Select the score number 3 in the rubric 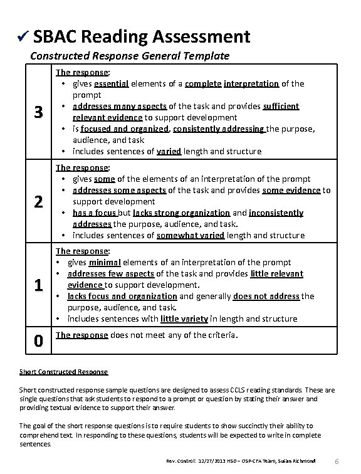click(38, 113)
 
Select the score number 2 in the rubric click(38, 202)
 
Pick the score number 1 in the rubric click(38, 285)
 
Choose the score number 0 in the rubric click(38, 341)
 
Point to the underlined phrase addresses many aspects click(120, 106)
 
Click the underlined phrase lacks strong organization click(194, 213)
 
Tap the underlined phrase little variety click(184, 319)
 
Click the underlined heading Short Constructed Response click(64, 372)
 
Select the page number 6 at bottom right click(338, 461)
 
